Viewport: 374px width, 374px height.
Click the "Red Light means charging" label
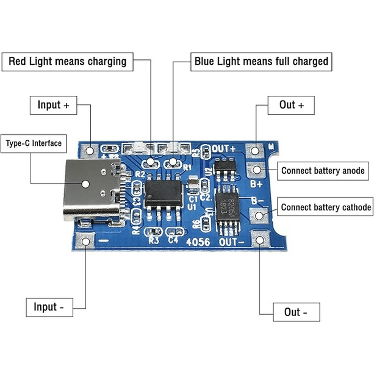click(x=68, y=61)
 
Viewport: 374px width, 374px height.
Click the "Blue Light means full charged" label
click(x=261, y=61)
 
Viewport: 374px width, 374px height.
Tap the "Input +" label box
click(x=53, y=105)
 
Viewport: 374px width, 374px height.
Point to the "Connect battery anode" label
click(x=323, y=170)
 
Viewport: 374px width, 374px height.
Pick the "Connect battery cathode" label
click(x=326, y=207)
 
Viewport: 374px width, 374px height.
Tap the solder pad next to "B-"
click(x=260, y=214)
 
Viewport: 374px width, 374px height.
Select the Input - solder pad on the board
click(x=87, y=239)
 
